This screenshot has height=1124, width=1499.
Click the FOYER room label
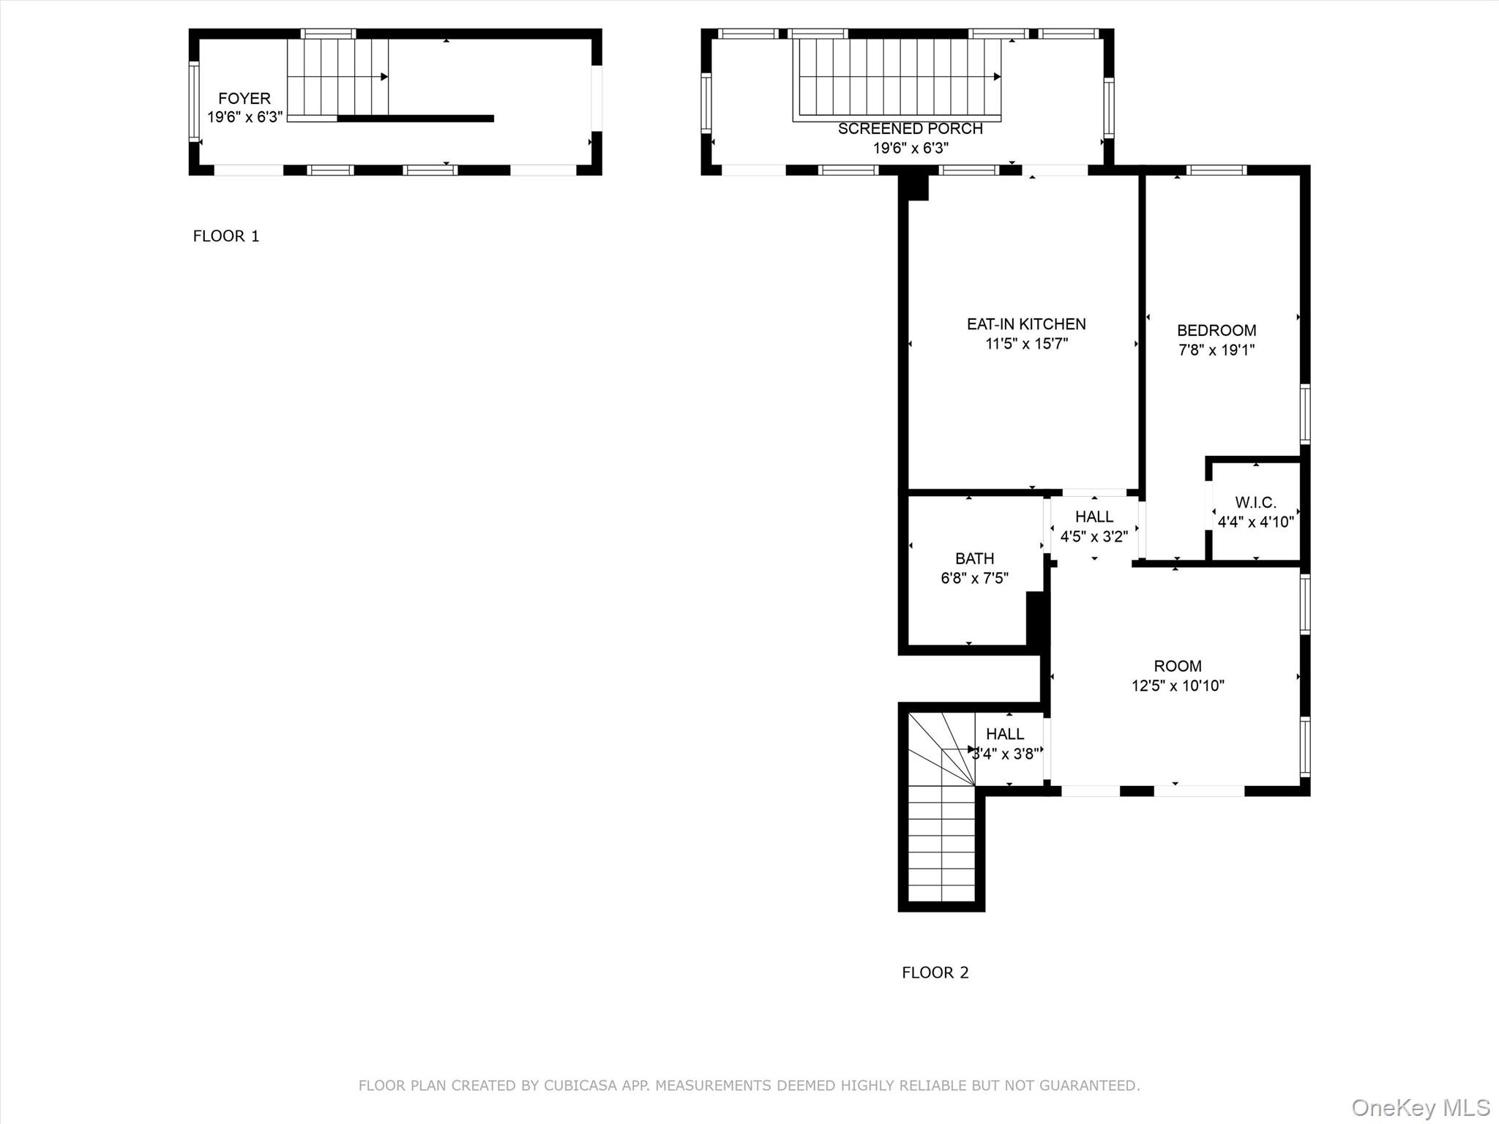pos(244,98)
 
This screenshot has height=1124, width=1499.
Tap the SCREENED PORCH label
pos(910,129)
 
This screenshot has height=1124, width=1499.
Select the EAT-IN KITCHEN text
pos(1025,324)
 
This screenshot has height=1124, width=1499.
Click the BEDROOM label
pos(1216,330)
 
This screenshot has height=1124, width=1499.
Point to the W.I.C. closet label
pos(1255,503)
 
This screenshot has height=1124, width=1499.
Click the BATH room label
pos(974,558)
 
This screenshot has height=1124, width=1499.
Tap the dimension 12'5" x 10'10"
pos(1177,686)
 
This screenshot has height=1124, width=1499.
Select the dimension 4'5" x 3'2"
pos(1094,536)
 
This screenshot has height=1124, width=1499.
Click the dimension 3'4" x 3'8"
pos(1005,754)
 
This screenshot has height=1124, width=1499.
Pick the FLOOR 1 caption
pos(225,236)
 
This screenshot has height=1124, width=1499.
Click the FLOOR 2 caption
pos(935,973)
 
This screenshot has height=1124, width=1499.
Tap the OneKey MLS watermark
pos(1420,1107)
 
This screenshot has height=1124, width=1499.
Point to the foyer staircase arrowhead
pos(384,77)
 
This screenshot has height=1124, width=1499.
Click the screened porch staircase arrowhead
pos(997,77)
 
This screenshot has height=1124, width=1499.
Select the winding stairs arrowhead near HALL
pos(972,749)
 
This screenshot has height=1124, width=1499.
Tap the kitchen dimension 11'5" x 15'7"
pos(1025,344)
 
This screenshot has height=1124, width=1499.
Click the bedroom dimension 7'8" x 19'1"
pos(1216,350)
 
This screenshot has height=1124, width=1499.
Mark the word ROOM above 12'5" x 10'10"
pos(1177,666)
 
